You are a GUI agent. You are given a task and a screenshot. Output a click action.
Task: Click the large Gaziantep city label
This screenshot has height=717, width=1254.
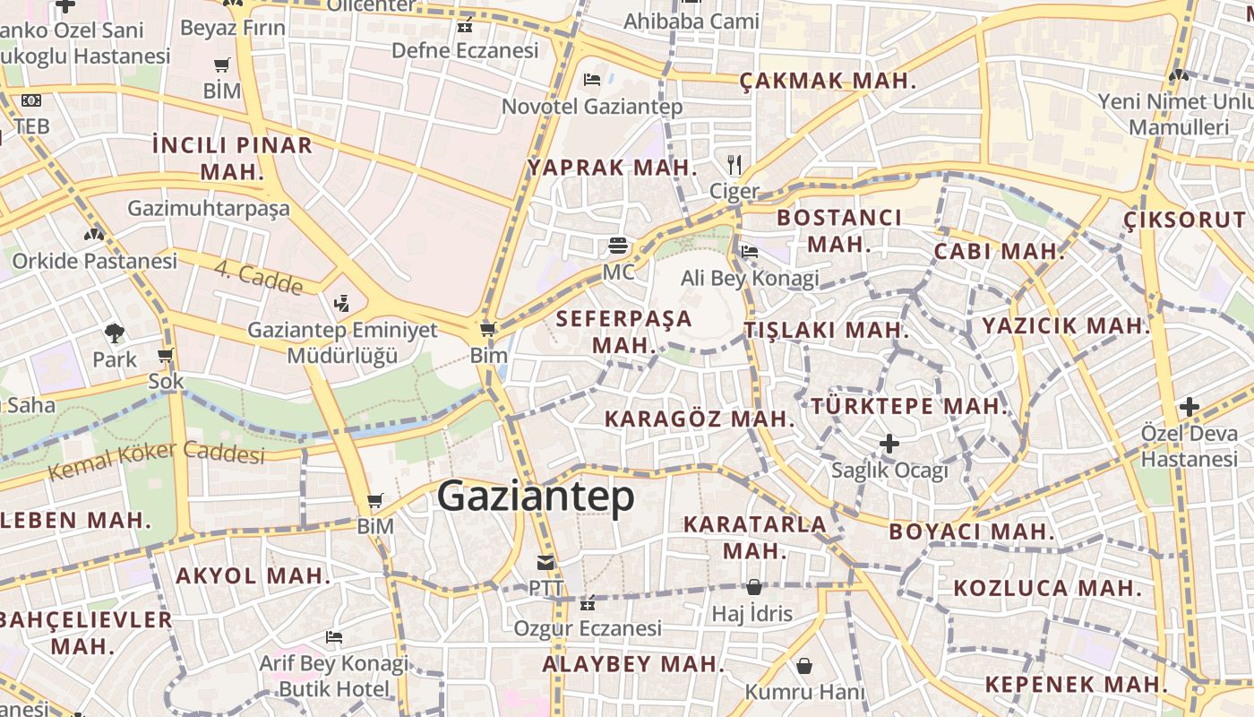(x=536, y=497)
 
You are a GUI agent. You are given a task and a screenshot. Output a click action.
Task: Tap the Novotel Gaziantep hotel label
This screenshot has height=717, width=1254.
(x=592, y=107)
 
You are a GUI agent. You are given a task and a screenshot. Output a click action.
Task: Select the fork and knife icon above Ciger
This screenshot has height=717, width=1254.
(x=734, y=164)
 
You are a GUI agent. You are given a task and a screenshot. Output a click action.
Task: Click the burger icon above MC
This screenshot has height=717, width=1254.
(x=617, y=245)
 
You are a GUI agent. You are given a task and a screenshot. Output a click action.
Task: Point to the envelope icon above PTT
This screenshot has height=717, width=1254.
(x=545, y=563)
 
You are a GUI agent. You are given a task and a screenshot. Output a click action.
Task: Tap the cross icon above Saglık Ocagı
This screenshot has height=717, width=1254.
(x=889, y=444)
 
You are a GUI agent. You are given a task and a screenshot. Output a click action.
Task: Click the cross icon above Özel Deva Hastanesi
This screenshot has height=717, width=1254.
(x=1189, y=407)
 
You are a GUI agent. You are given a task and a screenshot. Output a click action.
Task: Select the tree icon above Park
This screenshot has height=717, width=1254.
(x=115, y=333)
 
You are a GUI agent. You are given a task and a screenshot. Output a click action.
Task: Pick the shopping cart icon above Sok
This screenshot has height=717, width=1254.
(x=165, y=356)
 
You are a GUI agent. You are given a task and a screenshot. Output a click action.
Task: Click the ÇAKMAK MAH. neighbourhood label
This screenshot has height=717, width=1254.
(x=828, y=81)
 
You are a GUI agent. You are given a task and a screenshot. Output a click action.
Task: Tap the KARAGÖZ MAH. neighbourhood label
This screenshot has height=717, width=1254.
(x=700, y=419)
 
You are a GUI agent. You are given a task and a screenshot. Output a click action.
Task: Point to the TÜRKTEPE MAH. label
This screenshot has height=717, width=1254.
(x=910, y=406)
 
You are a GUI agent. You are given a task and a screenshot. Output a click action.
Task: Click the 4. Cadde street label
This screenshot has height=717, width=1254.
(x=258, y=278)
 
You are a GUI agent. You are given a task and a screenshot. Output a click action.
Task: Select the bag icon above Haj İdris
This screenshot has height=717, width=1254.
(x=754, y=588)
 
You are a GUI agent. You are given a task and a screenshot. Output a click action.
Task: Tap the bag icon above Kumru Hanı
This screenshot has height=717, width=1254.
(x=804, y=666)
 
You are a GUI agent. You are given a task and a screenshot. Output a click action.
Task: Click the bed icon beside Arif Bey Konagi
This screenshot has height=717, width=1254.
(x=334, y=638)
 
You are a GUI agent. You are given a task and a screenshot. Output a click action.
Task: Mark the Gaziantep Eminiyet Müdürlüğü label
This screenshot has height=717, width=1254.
(x=342, y=342)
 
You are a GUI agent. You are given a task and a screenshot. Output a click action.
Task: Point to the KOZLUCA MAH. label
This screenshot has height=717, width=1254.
(x=1047, y=588)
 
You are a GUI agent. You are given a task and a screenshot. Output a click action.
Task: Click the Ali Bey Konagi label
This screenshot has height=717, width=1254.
(x=750, y=278)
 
